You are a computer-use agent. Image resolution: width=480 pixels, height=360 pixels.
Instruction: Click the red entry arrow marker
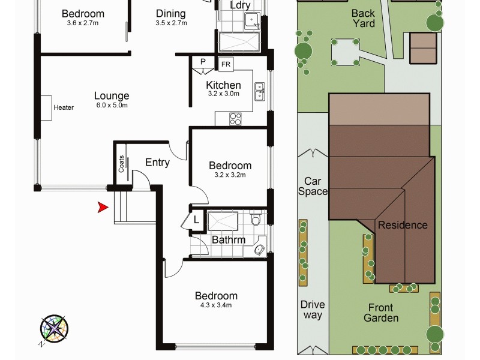(103, 208)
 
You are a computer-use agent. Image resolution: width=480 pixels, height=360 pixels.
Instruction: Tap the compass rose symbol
(54, 329)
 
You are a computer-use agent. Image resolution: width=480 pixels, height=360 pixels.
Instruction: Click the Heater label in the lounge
(64, 108)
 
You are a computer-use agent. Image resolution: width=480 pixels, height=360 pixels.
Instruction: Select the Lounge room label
(112, 95)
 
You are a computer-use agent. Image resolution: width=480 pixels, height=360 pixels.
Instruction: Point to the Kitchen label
(223, 85)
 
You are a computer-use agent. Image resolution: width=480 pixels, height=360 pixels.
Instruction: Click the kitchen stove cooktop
(235, 119)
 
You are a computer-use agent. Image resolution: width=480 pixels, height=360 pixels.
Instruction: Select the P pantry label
(203, 62)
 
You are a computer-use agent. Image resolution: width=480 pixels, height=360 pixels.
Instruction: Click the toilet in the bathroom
(256, 221)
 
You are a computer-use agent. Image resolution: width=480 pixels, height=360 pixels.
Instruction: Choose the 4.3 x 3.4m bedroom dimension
(216, 305)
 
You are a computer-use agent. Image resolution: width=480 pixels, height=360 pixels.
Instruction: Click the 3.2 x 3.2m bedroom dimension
(230, 175)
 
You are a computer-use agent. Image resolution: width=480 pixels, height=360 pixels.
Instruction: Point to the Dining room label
(170, 14)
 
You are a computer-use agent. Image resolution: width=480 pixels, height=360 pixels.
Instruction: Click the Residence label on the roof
(403, 225)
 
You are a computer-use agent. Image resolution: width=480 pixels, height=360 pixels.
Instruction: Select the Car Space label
(316, 186)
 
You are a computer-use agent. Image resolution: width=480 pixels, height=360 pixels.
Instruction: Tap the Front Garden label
(381, 312)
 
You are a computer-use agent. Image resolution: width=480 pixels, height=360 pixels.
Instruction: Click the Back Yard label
(363, 18)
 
